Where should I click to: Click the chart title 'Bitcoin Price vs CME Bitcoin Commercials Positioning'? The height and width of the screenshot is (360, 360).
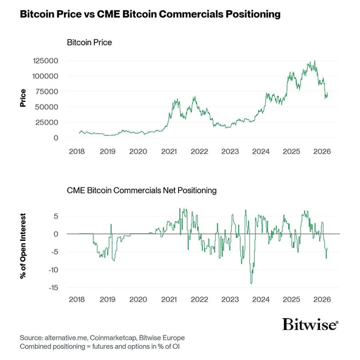coord(150,14)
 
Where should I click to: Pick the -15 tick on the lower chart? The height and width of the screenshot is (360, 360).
coord(52,288)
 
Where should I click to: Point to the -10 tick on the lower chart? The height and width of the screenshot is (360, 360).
coord(52,270)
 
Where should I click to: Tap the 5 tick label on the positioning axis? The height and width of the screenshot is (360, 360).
coord(55,216)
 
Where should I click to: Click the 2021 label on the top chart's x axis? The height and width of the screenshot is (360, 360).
coord(169,152)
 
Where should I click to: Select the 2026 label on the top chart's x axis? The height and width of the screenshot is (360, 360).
coord(322,152)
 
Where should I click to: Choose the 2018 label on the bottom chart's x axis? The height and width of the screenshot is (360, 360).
coord(77,299)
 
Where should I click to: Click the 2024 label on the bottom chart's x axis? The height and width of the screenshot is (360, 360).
coord(261,299)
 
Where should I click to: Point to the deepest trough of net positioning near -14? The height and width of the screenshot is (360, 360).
coord(251,283)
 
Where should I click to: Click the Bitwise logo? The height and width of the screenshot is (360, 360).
coord(310,324)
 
